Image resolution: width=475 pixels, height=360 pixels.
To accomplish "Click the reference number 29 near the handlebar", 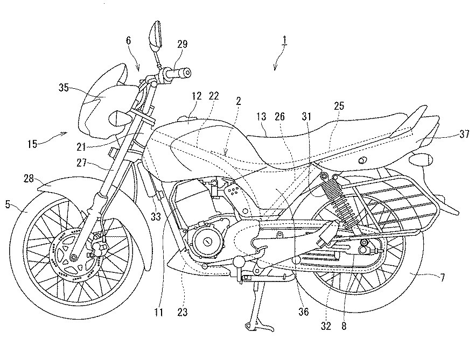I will coord(182,45).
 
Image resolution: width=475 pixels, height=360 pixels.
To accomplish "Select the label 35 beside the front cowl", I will coord(64,88).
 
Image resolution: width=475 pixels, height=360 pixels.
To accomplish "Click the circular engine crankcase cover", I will coord(206,242).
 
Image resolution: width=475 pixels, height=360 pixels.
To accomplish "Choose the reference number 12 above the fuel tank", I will coord(196,96).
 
